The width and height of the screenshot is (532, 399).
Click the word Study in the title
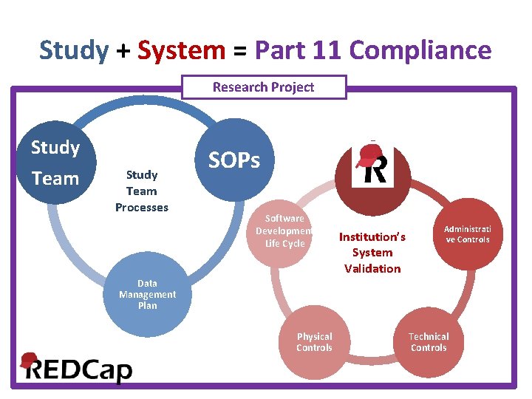(x=73, y=50)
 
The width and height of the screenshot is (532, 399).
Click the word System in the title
(x=181, y=50)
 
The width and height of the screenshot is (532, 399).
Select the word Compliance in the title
(x=420, y=50)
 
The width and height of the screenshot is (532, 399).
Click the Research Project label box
(x=263, y=87)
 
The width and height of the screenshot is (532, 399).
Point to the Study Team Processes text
(x=141, y=191)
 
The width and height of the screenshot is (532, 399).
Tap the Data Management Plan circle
(x=147, y=295)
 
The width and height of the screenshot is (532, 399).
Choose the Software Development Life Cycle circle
(x=284, y=231)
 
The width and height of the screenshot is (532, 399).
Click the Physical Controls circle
(x=314, y=342)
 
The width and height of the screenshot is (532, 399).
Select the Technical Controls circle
(x=429, y=342)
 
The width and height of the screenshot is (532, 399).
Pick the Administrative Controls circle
(x=467, y=234)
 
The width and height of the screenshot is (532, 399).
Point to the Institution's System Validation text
(x=372, y=253)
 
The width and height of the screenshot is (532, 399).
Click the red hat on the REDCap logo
(x=30, y=360)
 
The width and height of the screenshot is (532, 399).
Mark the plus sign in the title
(x=123, y=51)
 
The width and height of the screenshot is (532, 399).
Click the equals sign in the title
(x=240, y=51)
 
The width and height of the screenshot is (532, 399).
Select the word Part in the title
(x=279, y=50)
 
